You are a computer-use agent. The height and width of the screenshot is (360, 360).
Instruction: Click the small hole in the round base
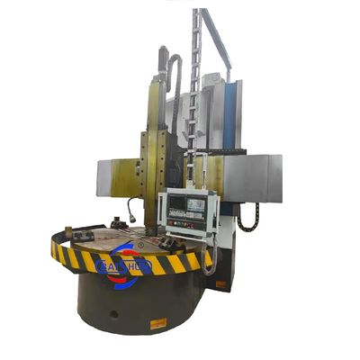pyautogui.click(x=113, y=313)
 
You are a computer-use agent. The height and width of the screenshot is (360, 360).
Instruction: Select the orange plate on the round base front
pyautogui.click(x=158, y=322)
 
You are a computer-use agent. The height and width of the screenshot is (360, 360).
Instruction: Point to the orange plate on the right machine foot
pyautogui.click(x=220, y=285)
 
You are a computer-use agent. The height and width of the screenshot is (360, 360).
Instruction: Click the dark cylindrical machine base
pyautogui.click(x=135, y=301)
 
